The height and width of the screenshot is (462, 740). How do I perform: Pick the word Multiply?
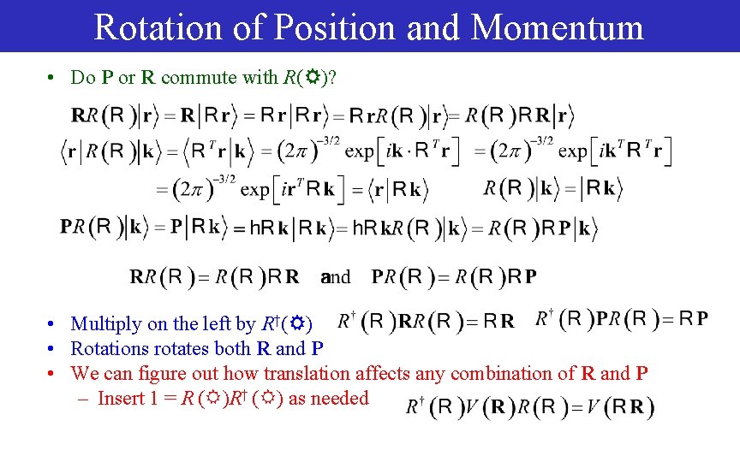tap(104, 323)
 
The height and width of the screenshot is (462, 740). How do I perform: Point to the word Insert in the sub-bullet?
tap(122, 398)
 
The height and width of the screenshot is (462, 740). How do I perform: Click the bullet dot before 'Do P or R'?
tap(52, 78)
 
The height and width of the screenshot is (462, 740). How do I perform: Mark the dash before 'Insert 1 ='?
tap(87, 398)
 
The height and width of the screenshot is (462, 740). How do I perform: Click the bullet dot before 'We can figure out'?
tap(52, 374)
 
